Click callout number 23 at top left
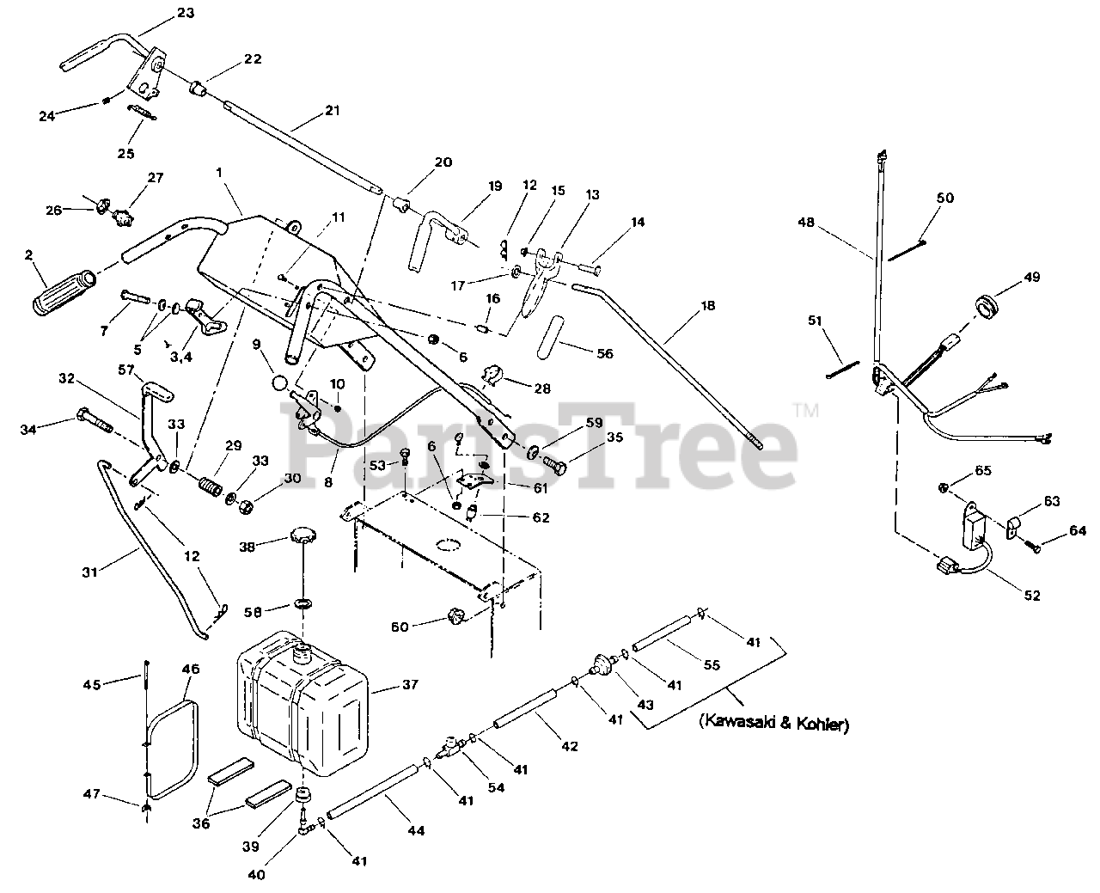(x=185, y=13)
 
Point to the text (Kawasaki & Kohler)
(x=774, y=725)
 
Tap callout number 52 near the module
(x=1031, y=595)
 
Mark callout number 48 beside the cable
(x=806, y=221)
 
